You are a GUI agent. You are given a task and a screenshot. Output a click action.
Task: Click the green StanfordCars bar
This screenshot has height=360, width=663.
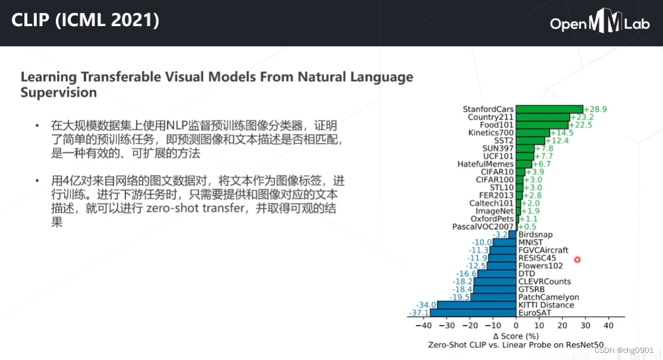[x=549, y=109]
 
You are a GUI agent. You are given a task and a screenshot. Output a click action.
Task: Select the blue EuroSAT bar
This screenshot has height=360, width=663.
[x=473, y=312]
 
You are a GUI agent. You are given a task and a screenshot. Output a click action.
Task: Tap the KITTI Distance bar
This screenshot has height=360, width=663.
[x=476, y=305]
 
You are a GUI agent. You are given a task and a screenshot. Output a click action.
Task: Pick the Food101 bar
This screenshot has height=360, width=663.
[x=542, y=125]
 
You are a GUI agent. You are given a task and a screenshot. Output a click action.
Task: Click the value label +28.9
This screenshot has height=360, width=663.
[x=595, y=109]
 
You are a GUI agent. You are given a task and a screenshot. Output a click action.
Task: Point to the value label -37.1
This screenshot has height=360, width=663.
[x=419, y=313]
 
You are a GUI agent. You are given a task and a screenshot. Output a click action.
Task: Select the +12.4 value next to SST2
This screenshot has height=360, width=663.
[x=557, y=140]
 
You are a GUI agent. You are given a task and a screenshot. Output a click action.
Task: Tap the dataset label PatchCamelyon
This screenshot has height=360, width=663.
[x=546, y=297]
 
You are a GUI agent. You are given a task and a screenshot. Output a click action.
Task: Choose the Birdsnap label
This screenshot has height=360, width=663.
[x=536, y=234]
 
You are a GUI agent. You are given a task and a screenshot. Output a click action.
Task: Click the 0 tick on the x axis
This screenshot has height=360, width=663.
[x=516, y=326]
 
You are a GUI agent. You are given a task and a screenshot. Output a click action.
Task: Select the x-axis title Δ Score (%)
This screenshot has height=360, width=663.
[x=516, y=336]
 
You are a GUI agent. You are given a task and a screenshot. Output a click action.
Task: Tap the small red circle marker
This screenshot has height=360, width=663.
[x=577, y=259]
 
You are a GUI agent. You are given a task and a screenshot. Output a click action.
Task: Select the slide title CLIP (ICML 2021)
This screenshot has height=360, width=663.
[x=86, y=21]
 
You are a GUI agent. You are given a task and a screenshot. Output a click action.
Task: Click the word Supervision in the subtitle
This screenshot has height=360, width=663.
[x=58, y=93]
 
